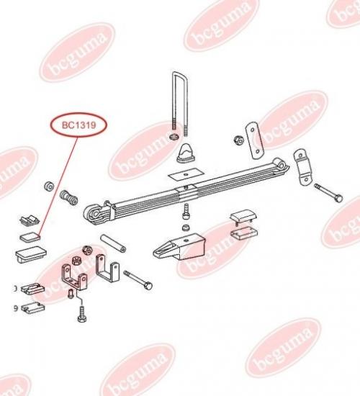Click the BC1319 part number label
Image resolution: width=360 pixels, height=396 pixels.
point(78,125)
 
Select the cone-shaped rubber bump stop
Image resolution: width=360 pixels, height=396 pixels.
point(186,153)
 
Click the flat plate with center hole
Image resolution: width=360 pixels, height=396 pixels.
point(186,174)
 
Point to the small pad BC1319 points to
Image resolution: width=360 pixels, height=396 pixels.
point(30,237)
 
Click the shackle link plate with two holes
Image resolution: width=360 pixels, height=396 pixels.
point(253,140)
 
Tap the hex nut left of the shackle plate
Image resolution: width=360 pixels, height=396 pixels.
point(238,140)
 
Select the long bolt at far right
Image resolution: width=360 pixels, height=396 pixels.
point(328,193)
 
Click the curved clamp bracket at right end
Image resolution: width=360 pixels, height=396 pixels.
point(302,167)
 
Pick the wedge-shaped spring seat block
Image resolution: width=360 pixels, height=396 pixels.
point(180,246)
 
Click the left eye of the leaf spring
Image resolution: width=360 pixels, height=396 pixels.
point(94,214)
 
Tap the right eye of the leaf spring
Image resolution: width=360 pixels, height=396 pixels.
point(282,164)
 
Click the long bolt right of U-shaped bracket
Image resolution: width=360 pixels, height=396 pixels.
point(138,280)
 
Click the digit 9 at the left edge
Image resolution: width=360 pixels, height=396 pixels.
point(16,308)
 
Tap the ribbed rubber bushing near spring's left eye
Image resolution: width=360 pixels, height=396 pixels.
point(68,197)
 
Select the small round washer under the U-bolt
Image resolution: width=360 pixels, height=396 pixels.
point(174,137)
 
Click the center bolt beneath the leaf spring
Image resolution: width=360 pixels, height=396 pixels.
point(186,211)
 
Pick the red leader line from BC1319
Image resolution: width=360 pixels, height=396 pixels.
point(58,186)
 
